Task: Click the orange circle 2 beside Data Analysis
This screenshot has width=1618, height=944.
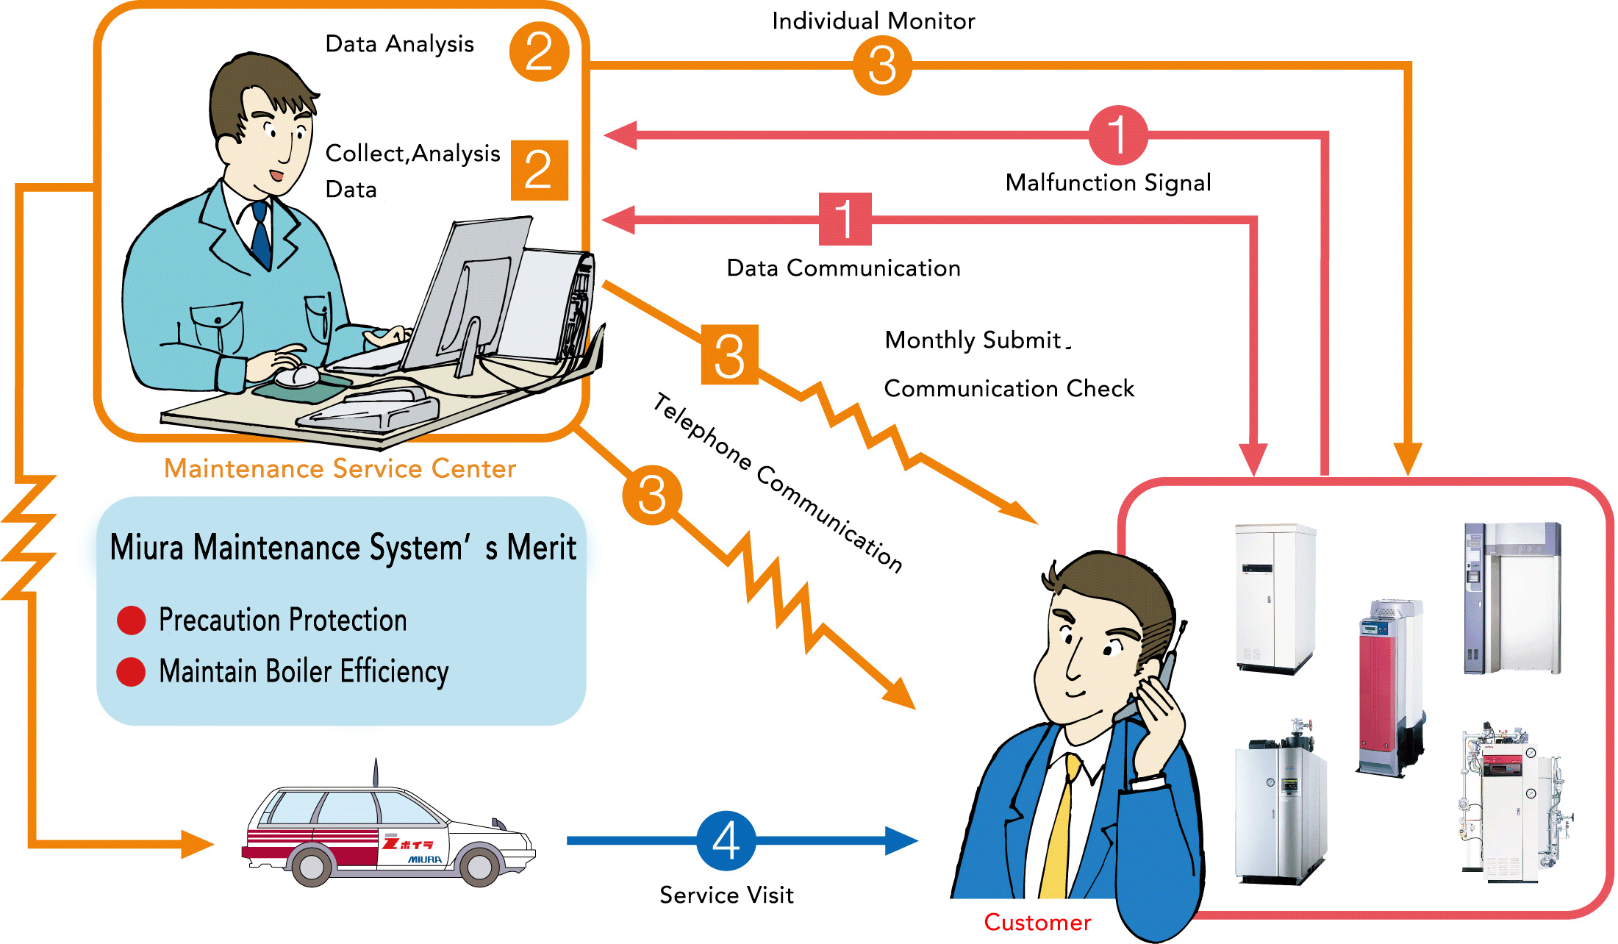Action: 539,51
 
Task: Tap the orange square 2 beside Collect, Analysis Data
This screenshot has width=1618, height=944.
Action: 539,170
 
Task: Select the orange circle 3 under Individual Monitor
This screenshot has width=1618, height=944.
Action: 882,65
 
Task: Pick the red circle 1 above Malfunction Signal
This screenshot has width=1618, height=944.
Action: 1117,135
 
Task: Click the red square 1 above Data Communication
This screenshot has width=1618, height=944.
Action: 845,218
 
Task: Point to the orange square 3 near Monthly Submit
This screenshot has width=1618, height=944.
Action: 729,355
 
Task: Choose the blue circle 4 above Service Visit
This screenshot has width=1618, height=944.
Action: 726,840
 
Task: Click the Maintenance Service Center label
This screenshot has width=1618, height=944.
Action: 340,468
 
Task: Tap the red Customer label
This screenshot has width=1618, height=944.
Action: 1037,922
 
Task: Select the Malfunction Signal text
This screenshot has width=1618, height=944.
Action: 1108,182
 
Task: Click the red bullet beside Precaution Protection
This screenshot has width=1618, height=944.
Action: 132,620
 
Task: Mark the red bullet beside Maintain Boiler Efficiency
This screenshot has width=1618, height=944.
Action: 132,671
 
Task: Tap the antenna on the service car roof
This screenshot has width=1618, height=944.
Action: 376,772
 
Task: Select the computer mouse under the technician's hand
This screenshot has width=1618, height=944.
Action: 298,376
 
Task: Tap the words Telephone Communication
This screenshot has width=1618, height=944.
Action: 778,482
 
